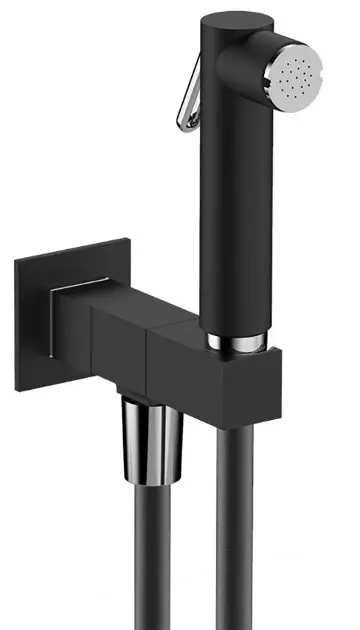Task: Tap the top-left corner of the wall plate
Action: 18,262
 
